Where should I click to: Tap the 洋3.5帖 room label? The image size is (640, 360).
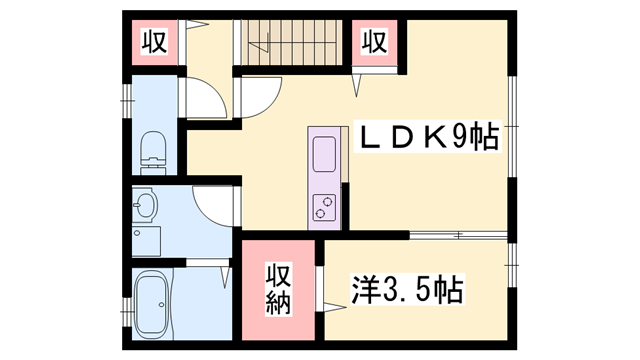(405, 290)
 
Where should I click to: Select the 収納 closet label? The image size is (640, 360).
(278, 290)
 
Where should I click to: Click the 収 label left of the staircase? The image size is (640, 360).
(153, 43)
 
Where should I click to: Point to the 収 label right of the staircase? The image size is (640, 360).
(374, 43)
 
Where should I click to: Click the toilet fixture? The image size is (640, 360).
(152, 149)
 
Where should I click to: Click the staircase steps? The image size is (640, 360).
(290, 41)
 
